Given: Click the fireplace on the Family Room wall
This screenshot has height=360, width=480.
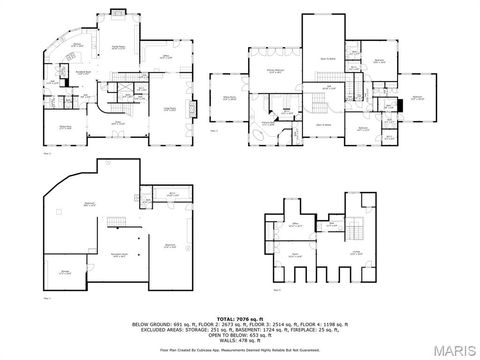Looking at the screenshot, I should coord(116,14).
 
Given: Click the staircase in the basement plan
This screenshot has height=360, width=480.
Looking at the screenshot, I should coord(117,221).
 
